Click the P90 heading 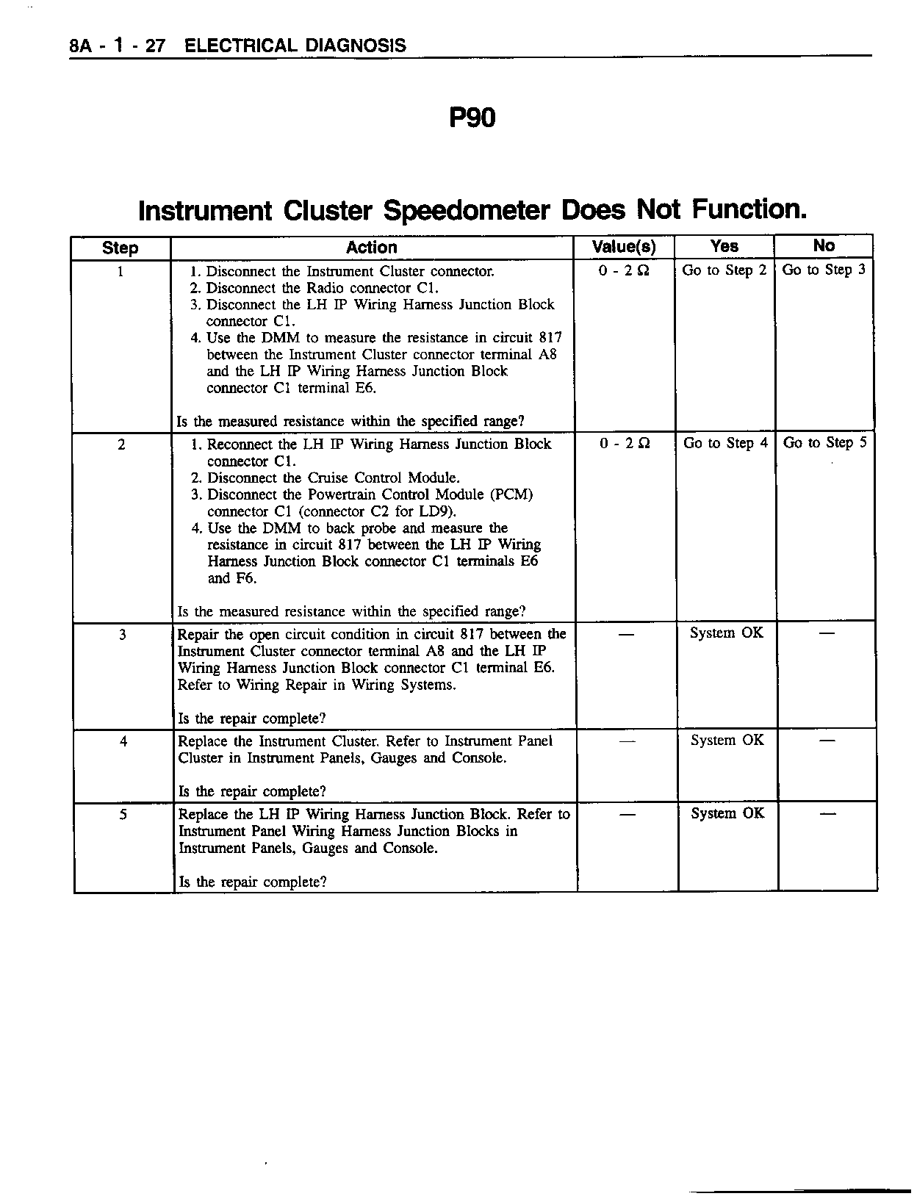[472, 118]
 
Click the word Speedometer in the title [467, 211]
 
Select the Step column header [121, 248]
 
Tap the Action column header [372, 248]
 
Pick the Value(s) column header [623, 247]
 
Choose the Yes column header [724, 246]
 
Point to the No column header [824, 245]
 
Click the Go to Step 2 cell [724, 270]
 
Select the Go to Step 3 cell [824, 270]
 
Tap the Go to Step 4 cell [725, 443]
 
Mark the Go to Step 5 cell [825, 442]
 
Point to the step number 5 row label [123, 814]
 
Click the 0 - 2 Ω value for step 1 [623, 271]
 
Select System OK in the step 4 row [727, 740]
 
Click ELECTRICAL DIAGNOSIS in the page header [295, 46]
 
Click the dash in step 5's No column [827, 813]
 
